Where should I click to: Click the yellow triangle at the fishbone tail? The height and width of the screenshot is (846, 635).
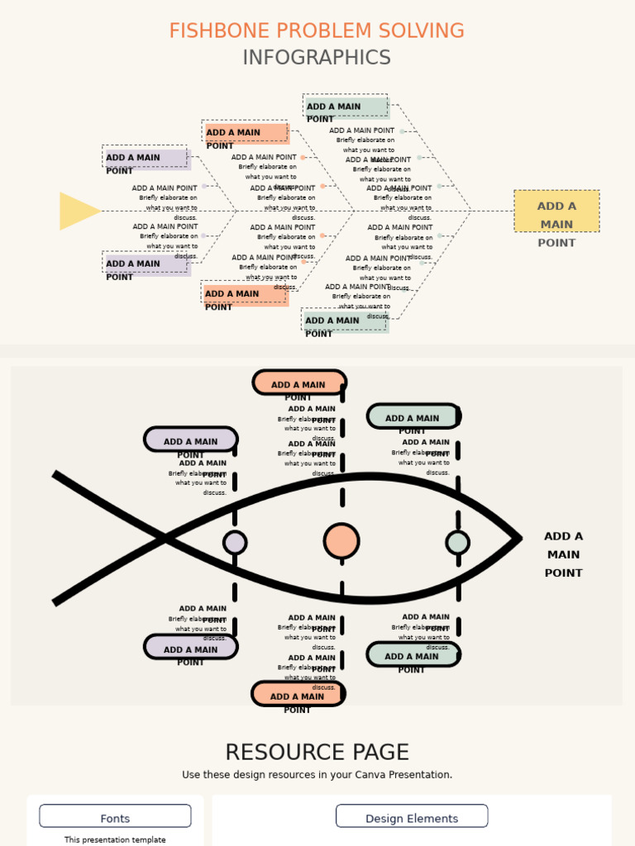pos(77,211)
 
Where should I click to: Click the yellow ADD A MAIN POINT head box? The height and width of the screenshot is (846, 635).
pos(556,211)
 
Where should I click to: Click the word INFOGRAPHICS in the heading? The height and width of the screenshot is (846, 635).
pos(317,58)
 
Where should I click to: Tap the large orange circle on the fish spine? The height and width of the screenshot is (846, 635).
pos(341,541)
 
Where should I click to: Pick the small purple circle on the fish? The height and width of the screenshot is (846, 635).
pos(235,543)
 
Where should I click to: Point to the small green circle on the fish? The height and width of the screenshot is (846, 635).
pos(457,543)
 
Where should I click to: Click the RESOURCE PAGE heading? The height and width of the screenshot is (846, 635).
pos(317,753)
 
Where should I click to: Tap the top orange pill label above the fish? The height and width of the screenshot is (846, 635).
pos(298,383)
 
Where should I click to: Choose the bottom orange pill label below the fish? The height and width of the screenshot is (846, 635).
pos(298,694)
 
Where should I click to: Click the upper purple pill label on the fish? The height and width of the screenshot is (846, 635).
pos(191,440)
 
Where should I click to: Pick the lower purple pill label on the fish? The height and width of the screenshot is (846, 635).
pos(191,647)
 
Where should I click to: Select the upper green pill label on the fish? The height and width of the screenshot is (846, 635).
pos(413,416)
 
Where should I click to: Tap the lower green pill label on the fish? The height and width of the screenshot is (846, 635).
pos(413,654)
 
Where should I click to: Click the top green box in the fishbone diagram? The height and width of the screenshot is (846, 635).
pos(346,107)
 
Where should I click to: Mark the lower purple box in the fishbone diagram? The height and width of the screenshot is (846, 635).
pos(146,264)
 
